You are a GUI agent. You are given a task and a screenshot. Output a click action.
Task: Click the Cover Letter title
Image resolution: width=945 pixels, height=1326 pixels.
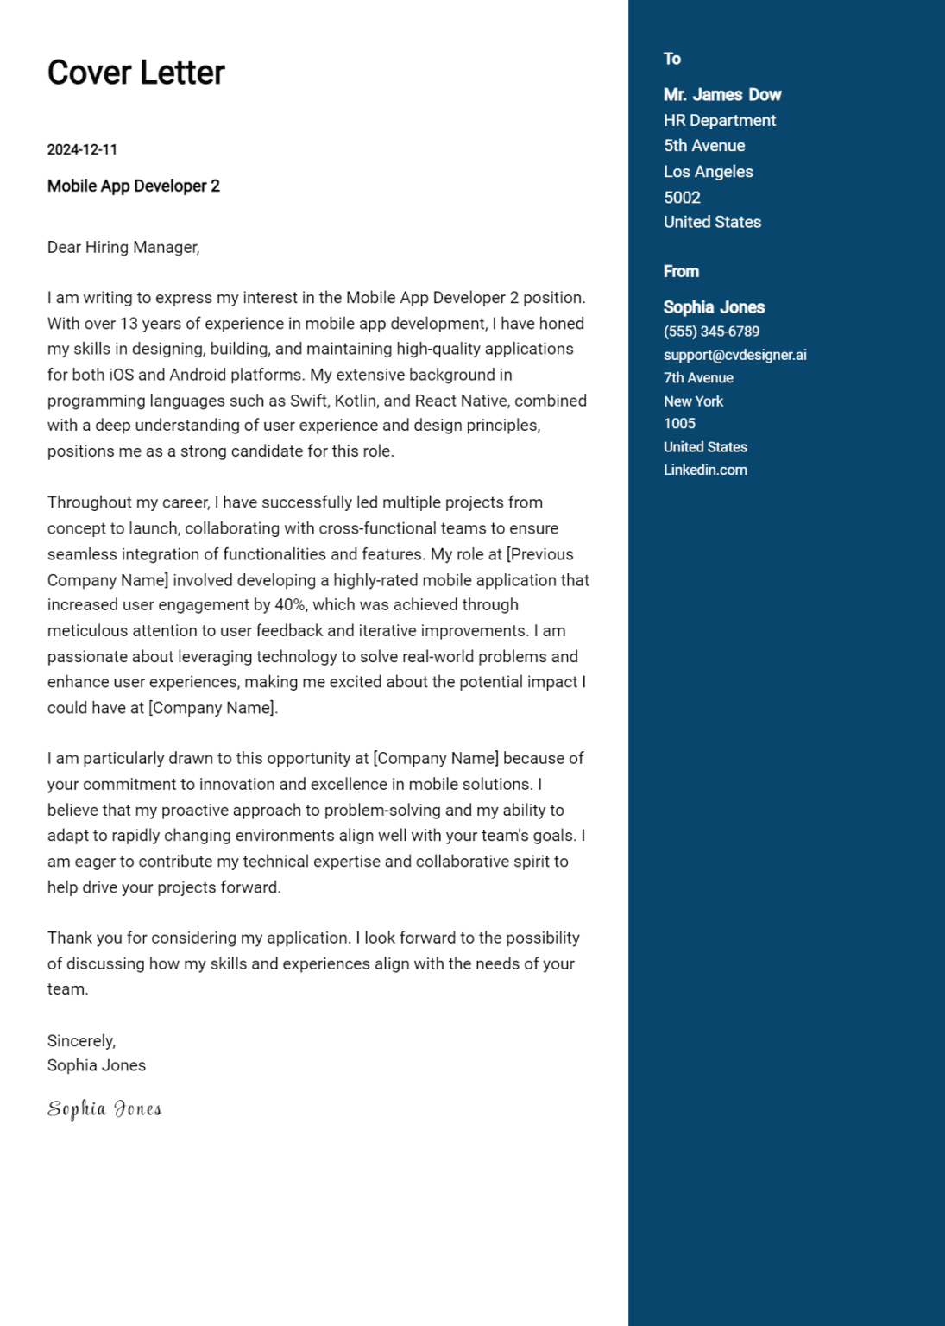click(135, 73)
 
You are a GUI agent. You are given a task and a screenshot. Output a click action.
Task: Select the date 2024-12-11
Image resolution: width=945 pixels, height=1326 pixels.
click(82, 149)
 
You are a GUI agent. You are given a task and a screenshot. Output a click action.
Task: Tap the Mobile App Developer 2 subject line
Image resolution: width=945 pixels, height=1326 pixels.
click(133, 186)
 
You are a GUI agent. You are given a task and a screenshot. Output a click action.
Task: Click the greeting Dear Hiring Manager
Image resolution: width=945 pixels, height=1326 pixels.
click(123, 247)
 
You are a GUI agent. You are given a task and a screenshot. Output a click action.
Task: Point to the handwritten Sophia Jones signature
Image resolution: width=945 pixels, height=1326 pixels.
click(104, 1109)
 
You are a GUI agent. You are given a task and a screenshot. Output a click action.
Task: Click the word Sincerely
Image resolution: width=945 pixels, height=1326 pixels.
click(81, 1040)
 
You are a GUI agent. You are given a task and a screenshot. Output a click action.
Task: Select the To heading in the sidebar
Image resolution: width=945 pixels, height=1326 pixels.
click(671, 59)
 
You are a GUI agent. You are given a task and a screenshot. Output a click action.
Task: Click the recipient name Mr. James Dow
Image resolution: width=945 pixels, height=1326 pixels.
click(721, 95)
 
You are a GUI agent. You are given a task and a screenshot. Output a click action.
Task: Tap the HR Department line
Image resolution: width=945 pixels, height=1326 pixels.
click(719, 121)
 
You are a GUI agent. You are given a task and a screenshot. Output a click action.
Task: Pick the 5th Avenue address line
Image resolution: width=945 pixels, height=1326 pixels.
click(703, 146)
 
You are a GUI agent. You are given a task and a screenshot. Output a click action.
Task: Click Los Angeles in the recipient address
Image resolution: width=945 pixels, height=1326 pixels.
click(708, 172)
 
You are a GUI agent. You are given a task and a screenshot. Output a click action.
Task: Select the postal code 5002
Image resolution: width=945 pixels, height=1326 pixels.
click(682, 198)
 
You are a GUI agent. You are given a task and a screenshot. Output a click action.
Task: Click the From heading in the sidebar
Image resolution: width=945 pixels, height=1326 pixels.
click(680, 271)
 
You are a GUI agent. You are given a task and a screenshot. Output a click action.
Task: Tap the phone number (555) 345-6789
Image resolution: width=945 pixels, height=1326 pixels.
click(711, 331)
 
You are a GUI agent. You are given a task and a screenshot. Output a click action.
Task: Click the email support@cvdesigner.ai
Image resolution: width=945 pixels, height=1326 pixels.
click(734, 355)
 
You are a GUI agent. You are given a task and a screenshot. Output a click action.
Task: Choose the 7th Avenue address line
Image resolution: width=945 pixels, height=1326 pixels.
click(698, 378)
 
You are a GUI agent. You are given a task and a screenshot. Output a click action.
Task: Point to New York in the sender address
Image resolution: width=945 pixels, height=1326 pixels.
click(693, 401)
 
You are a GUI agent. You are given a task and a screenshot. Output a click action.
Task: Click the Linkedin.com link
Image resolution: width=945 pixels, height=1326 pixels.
click(705, 470)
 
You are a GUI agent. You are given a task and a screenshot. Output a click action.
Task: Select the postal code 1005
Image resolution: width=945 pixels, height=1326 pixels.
click(679, 424)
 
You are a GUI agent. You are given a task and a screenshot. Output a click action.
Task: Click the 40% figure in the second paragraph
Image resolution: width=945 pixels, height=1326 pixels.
click(290, 605)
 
